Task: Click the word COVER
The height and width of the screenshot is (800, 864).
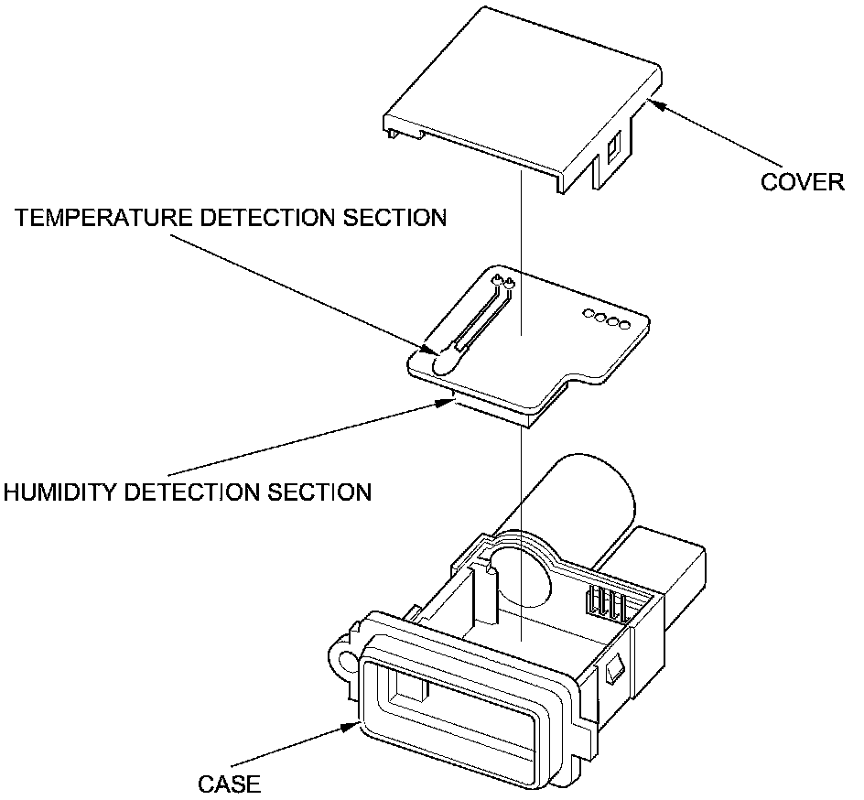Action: coord(802,181)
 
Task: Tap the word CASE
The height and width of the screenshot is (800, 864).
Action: coord(230,784)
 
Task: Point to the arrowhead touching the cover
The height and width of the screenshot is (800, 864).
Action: coord(655,103)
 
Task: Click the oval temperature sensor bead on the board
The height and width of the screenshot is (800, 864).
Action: coord(442,362)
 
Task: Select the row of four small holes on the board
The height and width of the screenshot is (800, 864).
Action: coord(605,320)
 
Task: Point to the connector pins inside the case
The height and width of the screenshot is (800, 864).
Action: coord(608,605)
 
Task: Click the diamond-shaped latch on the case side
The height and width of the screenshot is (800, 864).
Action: coord(614,675)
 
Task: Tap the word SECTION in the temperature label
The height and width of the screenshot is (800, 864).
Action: coord(392,218)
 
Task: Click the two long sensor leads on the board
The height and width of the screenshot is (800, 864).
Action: coord(479,317)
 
